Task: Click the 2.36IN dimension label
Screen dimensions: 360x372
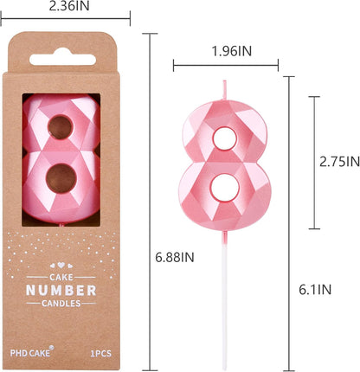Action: [x=69, y=6]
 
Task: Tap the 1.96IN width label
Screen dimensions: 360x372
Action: [x=232, y=51]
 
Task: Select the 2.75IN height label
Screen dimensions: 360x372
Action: [x=339, y=162]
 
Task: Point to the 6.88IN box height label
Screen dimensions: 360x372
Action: [x=175, y=257]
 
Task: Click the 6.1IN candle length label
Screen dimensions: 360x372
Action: [x=315, y=290]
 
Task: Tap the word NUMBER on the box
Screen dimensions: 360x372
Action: [x=61, y=291]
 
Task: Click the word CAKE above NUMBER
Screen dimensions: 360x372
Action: [x=61, y=277]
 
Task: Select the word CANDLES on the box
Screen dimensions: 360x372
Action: [x=61, y=304]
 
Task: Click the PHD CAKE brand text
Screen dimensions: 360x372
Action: [x=30, y=353]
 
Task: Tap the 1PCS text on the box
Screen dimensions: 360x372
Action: [x=100, y=354]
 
